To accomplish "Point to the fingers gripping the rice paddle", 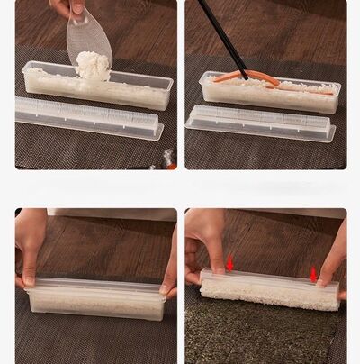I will click(x=67, y=7).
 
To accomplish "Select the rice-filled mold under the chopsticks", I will click(x=270, y=96).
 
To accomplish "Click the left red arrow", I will click(x=229, y=262).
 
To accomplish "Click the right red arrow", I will click(x=313, y=273).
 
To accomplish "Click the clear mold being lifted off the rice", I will click(x=270, y=276).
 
